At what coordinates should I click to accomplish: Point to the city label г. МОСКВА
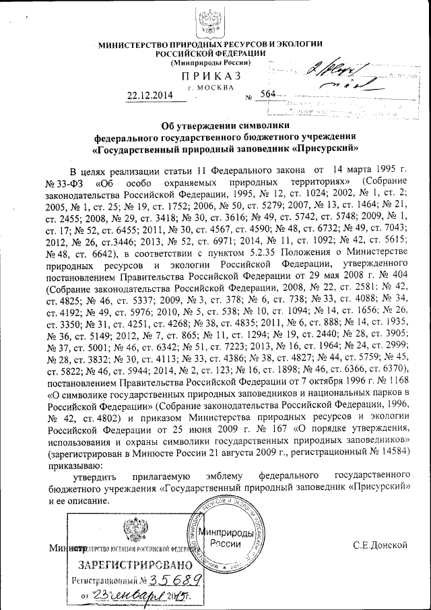coord(211,87)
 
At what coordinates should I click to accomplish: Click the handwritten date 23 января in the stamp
coord(127,595)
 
